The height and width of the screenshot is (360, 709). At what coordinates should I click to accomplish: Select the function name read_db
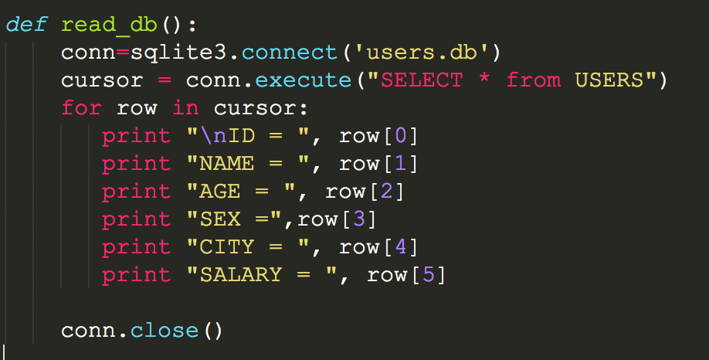[110, 25]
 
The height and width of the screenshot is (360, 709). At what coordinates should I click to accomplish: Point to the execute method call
[304, 80]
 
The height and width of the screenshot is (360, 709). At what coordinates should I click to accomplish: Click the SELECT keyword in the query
[421, 80]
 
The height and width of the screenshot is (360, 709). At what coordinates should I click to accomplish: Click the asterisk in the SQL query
[484, 80]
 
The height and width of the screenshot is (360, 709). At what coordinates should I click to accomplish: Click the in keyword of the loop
[185, 108]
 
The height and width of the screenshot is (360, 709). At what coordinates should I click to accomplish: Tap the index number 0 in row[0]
[400, 136]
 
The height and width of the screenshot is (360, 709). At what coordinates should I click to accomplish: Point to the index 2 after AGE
[386, 192]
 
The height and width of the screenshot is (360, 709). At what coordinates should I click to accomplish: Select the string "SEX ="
[235, 219]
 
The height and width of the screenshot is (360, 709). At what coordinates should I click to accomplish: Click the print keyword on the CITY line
[137, 247]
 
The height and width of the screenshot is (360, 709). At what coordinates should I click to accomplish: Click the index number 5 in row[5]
[428, 275]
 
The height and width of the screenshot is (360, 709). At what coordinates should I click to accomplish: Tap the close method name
[165, 331]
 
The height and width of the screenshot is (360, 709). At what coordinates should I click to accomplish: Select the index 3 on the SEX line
[358, 219]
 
